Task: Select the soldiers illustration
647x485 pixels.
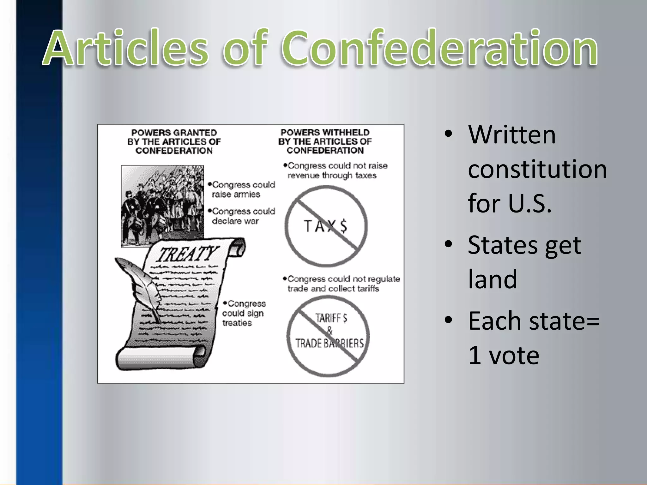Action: pyautogui.click(x=162, y=206)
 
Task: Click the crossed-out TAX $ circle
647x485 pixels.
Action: pyautogui.click(x=326, y=226)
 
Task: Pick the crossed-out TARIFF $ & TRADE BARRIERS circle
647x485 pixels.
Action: pyautogui.click(x=329, y=336)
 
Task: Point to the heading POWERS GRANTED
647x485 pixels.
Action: pyautogui.click(x=174, y=133)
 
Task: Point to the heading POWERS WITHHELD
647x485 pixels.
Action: pyautogui.click(x=325, y=133)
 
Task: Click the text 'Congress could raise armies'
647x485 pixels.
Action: pyautogui.click(x=241, y=189)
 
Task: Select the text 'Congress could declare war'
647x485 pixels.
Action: pyautogui.click(x=241, y=216)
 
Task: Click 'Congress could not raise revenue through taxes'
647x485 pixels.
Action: pyautogui.click(x=336, y=171)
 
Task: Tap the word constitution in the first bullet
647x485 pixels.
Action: pyautogui.click(x=537, y=169)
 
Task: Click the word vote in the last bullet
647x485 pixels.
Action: pyautogui.click(x=514, y=355)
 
